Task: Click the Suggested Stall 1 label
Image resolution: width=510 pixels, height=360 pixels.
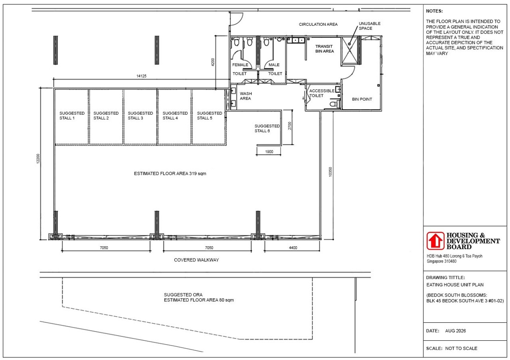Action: point(72,115)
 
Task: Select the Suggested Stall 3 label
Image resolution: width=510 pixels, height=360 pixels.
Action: point(140,115)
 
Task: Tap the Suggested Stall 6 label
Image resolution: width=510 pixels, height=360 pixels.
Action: point(267,128)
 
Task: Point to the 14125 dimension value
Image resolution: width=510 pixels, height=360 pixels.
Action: point(141,76)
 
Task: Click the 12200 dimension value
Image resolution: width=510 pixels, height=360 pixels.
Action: point(38,158)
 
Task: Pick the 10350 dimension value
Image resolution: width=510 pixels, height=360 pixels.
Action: point(330,172)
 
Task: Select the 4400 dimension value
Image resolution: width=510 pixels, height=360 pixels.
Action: point(293,248)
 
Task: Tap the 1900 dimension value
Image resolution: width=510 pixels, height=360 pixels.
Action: point(269,152)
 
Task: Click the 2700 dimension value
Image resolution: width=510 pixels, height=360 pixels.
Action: point(289,126)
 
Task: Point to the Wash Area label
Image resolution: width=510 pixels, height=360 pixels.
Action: point(246,96)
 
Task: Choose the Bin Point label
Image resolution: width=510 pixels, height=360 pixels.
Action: point(362,99)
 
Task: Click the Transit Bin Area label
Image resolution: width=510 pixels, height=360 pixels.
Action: point(324,49)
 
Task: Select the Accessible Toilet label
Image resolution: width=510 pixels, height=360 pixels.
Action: point(322,93)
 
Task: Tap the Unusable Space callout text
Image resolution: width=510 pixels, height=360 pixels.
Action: point(369,26)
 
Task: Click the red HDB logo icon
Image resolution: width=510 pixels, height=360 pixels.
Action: point(435,241)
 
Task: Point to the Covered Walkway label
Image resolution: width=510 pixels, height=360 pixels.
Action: point(197,260)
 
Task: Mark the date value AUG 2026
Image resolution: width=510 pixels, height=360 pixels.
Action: point(455,331)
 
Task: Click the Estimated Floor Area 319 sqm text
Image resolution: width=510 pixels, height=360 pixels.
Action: point(170,174)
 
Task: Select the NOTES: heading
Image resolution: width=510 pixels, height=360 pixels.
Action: point(434,11)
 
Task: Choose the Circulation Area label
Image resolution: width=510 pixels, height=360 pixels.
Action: point(318,24)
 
